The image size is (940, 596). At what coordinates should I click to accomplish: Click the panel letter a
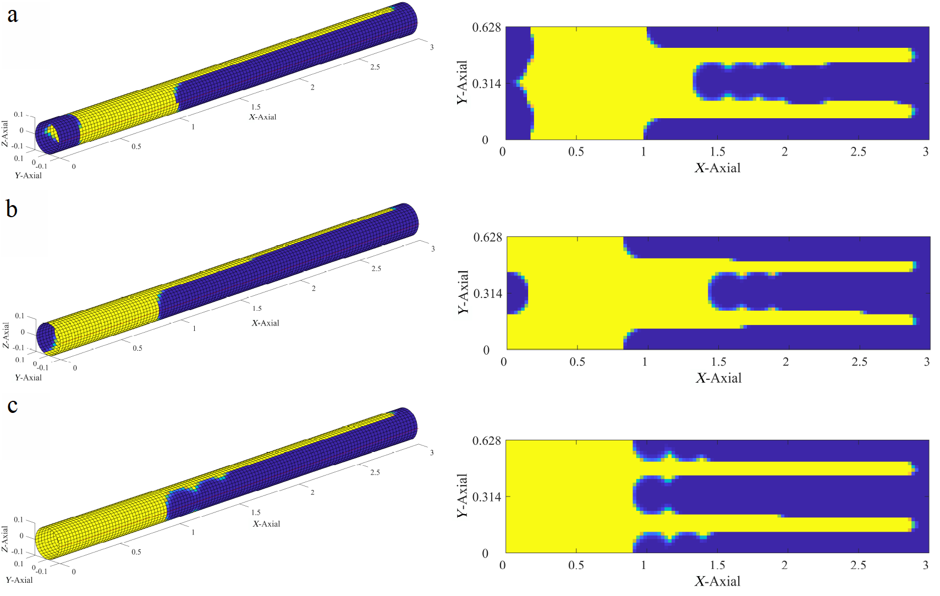[x=12, y=15]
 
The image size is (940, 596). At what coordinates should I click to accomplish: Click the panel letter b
[x=12, y=209]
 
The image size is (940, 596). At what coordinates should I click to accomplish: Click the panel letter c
[x=12, y=406]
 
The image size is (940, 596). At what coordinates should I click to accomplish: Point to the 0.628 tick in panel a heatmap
[x=486, y=27]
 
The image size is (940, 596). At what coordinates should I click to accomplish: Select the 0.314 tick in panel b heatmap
[x=487, y=294]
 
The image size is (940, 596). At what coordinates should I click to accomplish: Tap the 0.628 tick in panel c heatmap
[x=486, y=441]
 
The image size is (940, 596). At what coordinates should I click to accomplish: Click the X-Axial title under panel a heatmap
[x=717, y=168]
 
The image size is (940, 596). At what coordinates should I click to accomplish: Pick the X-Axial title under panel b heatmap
[x=718, y=378]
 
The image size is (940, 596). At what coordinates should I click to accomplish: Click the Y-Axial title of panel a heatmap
[x=462, y=82]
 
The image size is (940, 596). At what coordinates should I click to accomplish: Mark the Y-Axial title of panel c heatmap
[x=462, y=495]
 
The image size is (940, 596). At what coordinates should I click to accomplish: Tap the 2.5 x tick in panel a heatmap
[x=858, y=152]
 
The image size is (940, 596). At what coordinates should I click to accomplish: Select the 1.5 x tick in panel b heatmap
[x=718, y=362]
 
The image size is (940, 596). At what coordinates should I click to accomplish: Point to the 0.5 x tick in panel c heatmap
[x=576, y=565]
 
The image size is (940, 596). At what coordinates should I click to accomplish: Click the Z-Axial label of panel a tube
[x=5, y=133]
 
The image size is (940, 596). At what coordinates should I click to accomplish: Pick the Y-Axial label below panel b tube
[x=28, y=378]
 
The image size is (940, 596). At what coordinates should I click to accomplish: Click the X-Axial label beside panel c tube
[x=266, y=524]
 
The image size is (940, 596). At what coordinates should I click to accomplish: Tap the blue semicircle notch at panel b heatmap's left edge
[x=515, y=293]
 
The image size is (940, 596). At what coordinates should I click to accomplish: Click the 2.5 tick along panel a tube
[x=375, y=67]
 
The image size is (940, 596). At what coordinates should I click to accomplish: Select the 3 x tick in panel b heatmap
[x=927, y=362]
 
